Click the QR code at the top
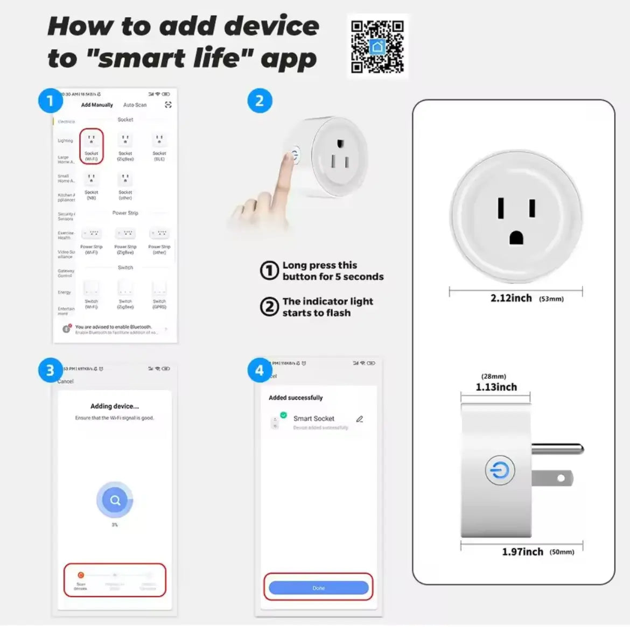click(x=377, y=46)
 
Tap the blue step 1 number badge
click(x=50, y=101)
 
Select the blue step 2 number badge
click(x=260, y=101)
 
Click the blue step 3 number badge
click(x=50, y=370)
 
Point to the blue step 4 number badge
click(x=260, y=370)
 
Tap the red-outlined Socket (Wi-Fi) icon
click(x=92, y=145)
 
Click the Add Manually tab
click(x=97, y=105)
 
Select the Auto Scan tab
click(x=135, y=105)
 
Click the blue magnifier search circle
click(x=115, y=501)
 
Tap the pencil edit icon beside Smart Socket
click(x=360, y=419)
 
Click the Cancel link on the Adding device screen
click(x=66, y=381)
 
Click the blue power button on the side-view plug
click(x=500, y=470)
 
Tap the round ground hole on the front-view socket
click(x=516, y=237)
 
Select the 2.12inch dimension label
click(x=511, y=298)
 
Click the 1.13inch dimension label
click(x=496, y=387)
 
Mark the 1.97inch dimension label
click(x=522, y=552)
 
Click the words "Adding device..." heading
click(x=115, y=406)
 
